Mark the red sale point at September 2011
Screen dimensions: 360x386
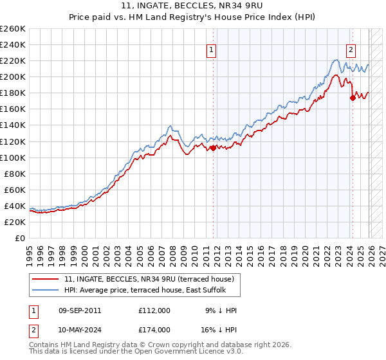click(213, 147)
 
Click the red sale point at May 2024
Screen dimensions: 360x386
click(352, 98)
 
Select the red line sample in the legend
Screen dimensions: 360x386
click(46, 279)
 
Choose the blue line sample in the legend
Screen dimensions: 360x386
click(46, 291)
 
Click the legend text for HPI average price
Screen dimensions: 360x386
click(151, 291)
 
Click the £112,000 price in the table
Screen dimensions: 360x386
click(154, 310)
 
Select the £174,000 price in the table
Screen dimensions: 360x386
click(154, 329)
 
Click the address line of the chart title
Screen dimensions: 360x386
click(193, 6)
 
